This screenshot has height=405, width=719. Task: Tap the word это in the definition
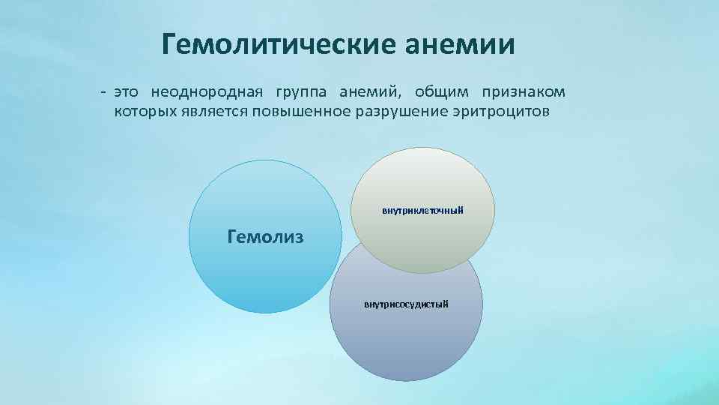click(125, 92)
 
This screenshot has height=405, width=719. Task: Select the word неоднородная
click(207, 92)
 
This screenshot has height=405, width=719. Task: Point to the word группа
click(301, 92)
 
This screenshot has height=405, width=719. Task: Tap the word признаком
click(524, 92)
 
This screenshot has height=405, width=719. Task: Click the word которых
click(145, 112)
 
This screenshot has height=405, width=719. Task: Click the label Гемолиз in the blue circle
click(265, 238)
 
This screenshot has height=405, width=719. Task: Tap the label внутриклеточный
click(422, 211)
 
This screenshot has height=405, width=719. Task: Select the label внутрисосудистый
click(406, 304)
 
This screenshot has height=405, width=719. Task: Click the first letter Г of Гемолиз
click(231, 238)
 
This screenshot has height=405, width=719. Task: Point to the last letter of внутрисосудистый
click(446, 304)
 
